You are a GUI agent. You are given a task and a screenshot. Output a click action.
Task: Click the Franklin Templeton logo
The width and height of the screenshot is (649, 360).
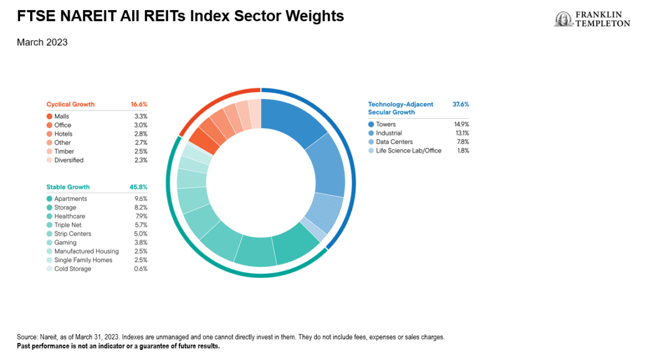[592, 19]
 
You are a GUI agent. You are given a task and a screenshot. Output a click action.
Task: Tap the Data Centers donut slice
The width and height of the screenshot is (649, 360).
[322, 213]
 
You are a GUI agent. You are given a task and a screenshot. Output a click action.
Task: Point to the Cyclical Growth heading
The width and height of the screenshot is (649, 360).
[70, 104]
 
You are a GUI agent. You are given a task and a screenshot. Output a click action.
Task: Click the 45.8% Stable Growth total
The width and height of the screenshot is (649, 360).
[138, 187]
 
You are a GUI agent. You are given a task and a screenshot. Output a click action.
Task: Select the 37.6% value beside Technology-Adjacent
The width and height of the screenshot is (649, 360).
[460, 104]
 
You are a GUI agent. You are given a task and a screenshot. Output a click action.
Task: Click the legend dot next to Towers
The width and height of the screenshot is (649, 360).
[371, 125]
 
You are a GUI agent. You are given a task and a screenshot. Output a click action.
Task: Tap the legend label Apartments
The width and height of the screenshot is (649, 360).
[70, 199]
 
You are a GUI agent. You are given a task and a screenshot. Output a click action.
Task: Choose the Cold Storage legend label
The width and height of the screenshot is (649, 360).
[73, 269]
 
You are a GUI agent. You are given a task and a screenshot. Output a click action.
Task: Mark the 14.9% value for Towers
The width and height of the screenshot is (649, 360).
[460, 125]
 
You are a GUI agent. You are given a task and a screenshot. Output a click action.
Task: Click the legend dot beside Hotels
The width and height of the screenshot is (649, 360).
[50, 134]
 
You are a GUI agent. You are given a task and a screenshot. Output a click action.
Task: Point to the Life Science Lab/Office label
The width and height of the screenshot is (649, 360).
[408, 151]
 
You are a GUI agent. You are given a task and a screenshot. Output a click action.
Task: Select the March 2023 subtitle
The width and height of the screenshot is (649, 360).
[42, 42]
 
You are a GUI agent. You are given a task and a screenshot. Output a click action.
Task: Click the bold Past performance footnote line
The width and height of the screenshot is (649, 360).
[118, 346]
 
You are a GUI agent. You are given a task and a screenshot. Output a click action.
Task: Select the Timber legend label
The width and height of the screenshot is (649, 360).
[64, 152]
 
